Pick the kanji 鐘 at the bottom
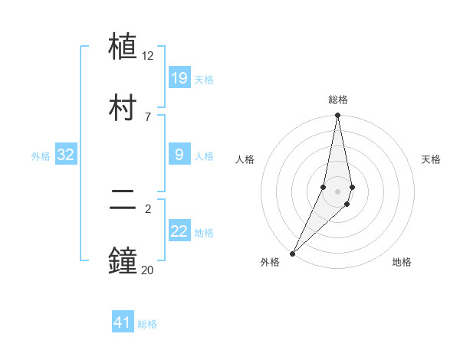123,261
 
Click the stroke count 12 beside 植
148,55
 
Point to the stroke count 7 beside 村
148,116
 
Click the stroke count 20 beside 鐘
148,270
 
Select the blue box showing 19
179,77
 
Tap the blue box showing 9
179,155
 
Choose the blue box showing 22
179,231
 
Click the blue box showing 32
66,155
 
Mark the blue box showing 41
123,322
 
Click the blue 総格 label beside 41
147,324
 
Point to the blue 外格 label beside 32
41,156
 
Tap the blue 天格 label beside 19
204,80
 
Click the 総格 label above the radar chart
338,100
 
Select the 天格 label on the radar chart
431,159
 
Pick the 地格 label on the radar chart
402,262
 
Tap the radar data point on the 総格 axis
337,116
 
